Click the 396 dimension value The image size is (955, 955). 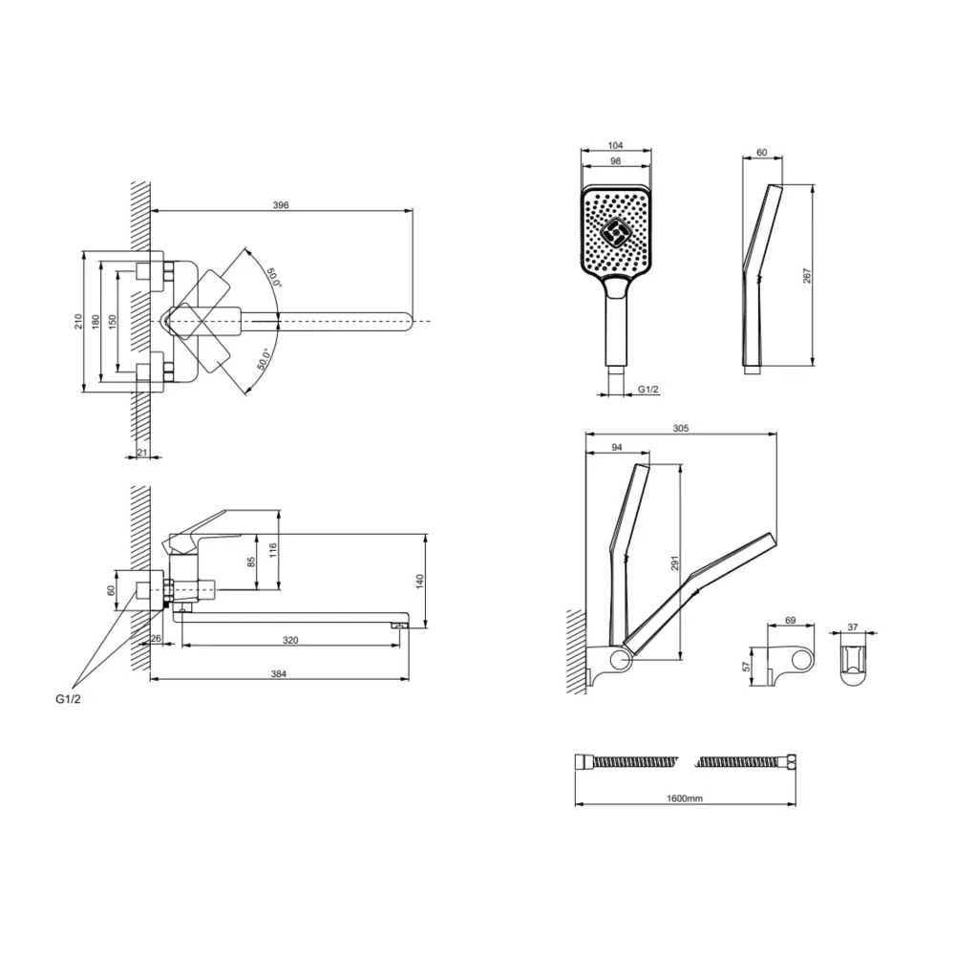(x=280, y=205)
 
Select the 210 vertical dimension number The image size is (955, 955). (x=78, y=322)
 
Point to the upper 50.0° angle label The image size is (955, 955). (x=273, y=278)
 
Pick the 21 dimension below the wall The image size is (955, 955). (x=142, y=452)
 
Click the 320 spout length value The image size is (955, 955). (x=290, y=640)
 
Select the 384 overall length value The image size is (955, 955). (x=278, y=673)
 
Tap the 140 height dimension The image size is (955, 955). (x=419, y=582)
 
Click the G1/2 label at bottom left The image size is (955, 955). (x=68, y=699)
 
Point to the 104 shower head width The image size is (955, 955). (x=616, y=145)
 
